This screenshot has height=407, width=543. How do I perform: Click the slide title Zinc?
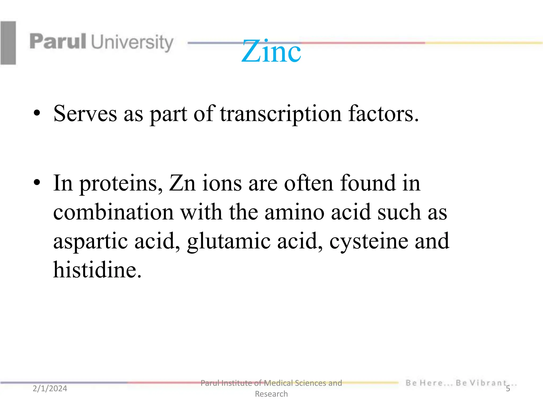[x=271, y=51]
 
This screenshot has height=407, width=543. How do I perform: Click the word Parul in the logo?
[x=58, y=42]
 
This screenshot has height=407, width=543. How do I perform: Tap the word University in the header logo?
[x=132, y=42]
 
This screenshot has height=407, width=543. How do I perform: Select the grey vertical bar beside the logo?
[x=8, y=43]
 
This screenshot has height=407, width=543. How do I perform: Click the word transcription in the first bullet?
[x=281, y=114]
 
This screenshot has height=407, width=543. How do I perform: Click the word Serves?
[x=85, y=114]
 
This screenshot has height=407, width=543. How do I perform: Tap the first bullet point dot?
[x=37, y=113]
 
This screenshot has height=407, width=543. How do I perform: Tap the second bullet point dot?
[x=37, y=183]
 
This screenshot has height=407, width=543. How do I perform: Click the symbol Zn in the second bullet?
[x=182, y=183]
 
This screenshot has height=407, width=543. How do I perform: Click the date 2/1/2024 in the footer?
[x=50, y=388]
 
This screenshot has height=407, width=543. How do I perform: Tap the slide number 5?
[x=508, y=389]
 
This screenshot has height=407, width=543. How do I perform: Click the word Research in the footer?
[x=271, y=394]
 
